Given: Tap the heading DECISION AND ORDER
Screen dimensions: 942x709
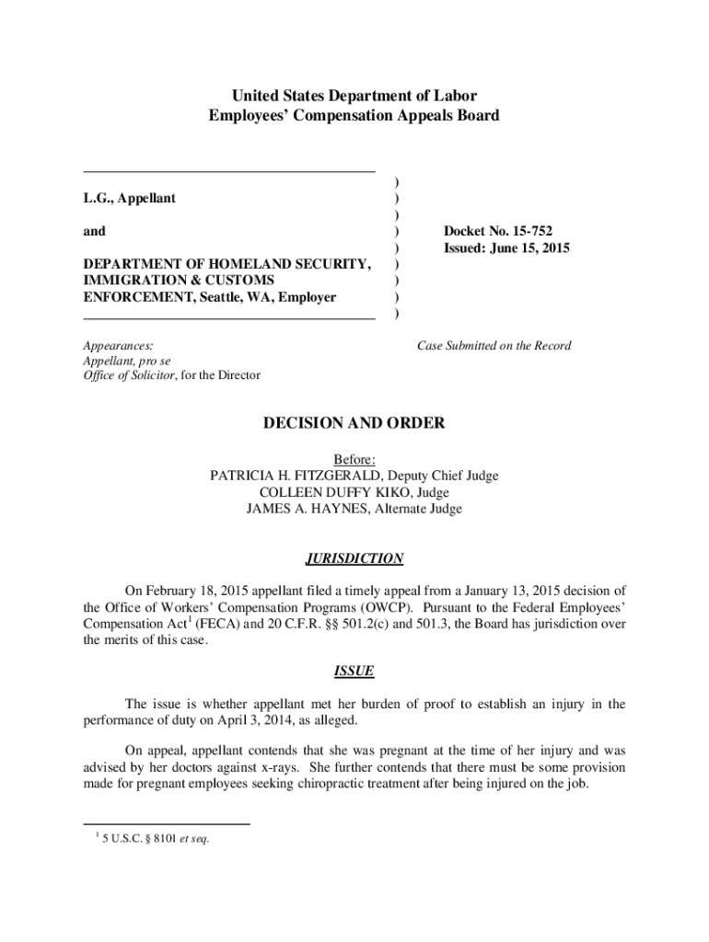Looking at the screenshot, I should pyautogui.click(x=354, y=423).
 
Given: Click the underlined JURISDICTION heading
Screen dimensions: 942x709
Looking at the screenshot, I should pyautogui.click(x=354, y=558).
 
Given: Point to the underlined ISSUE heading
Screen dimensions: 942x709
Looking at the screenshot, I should pyautogui.click(x=354, y=672).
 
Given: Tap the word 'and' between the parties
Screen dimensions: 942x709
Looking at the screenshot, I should pyautogui.click(x=94, y=232).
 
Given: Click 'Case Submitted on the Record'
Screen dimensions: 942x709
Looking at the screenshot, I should pyautogui.click(x=494, y=346).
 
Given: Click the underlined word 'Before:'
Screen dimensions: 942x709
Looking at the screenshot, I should pyautogui.click(x=354, y=459).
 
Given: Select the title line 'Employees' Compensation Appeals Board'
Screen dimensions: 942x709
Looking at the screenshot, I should pyautogui.click(x=354, y=116).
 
